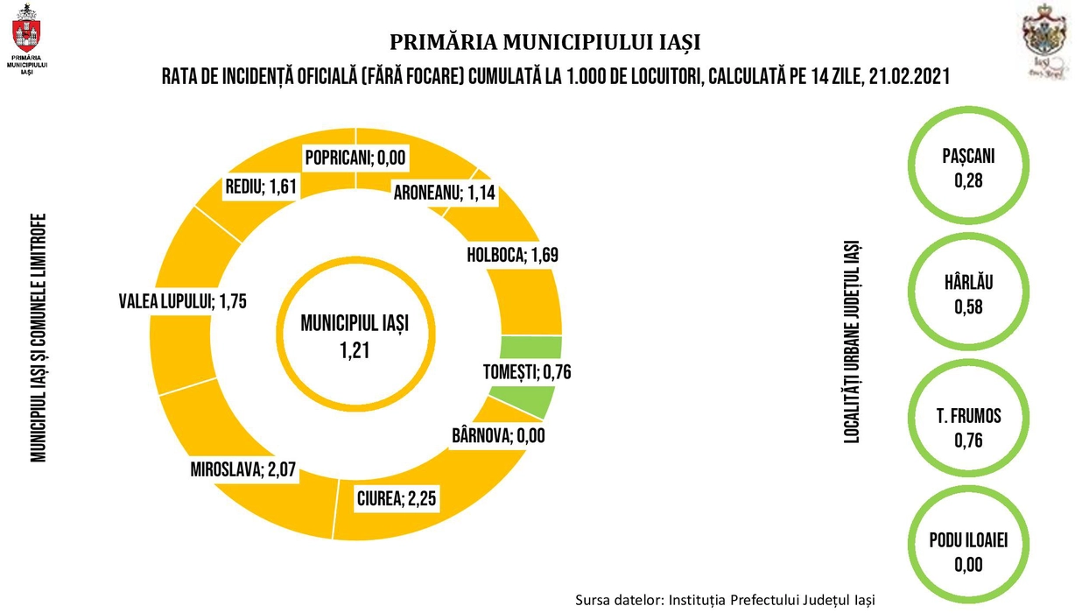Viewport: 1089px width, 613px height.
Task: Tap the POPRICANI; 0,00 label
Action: (356, 159)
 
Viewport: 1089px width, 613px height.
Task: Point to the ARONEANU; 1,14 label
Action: (444, 193)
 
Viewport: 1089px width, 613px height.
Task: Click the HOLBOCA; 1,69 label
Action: (513, 255)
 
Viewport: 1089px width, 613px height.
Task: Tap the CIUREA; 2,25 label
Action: (396, 499)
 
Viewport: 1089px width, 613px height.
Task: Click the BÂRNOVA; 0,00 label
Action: (498, 434)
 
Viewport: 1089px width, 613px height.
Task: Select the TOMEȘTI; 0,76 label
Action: (527, 372)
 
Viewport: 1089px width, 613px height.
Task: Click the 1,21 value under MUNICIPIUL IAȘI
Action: (355, 350)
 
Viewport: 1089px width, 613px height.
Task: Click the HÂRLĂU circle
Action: (968, 295)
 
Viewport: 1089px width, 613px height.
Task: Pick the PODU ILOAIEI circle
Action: (968, 552)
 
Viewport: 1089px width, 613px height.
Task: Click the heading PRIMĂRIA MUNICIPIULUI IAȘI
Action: (544, 42)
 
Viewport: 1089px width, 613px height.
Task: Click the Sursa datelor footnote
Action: (725, 600)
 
